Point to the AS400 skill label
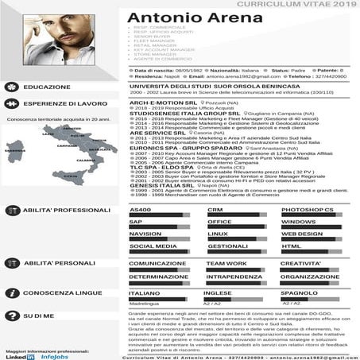pos(140,209)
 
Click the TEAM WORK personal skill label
pos(226,263)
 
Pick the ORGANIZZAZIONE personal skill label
pos(310,277)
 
